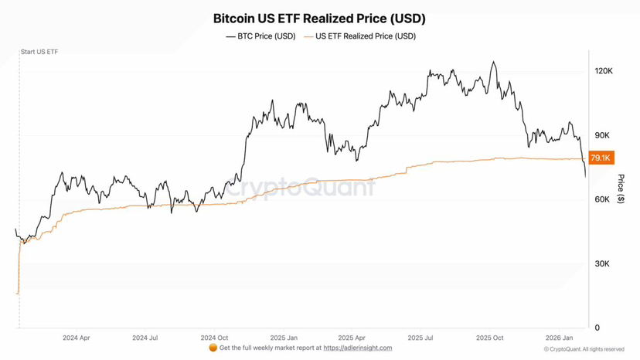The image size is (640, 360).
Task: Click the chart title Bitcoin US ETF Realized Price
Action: (318, 19)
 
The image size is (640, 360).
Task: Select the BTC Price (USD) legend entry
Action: (260, 36)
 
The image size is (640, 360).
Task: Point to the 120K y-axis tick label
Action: (603, 71)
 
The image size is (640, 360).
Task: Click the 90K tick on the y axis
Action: (602, 136)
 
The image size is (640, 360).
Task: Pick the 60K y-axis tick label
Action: (602, 199)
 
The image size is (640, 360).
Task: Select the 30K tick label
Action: (602, 264)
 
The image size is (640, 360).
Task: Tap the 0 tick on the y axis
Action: (597, 328)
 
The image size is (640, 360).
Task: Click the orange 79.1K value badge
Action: (601, 158)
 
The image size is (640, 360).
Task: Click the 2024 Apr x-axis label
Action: (76, 338)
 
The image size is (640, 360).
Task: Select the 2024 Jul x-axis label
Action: (145, 338)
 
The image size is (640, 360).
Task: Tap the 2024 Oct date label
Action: (214, 338)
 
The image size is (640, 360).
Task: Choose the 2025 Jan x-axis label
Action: (284, 338)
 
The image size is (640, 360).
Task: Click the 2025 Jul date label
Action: (421, 338)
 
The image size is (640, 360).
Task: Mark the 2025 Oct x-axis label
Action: (490, 338)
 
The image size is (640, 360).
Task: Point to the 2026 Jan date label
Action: (560, 338)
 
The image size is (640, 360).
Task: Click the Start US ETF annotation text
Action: (39, 52)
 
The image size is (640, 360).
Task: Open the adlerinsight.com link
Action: (357, 348)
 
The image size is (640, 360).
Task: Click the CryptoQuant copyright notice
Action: (589, 350)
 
